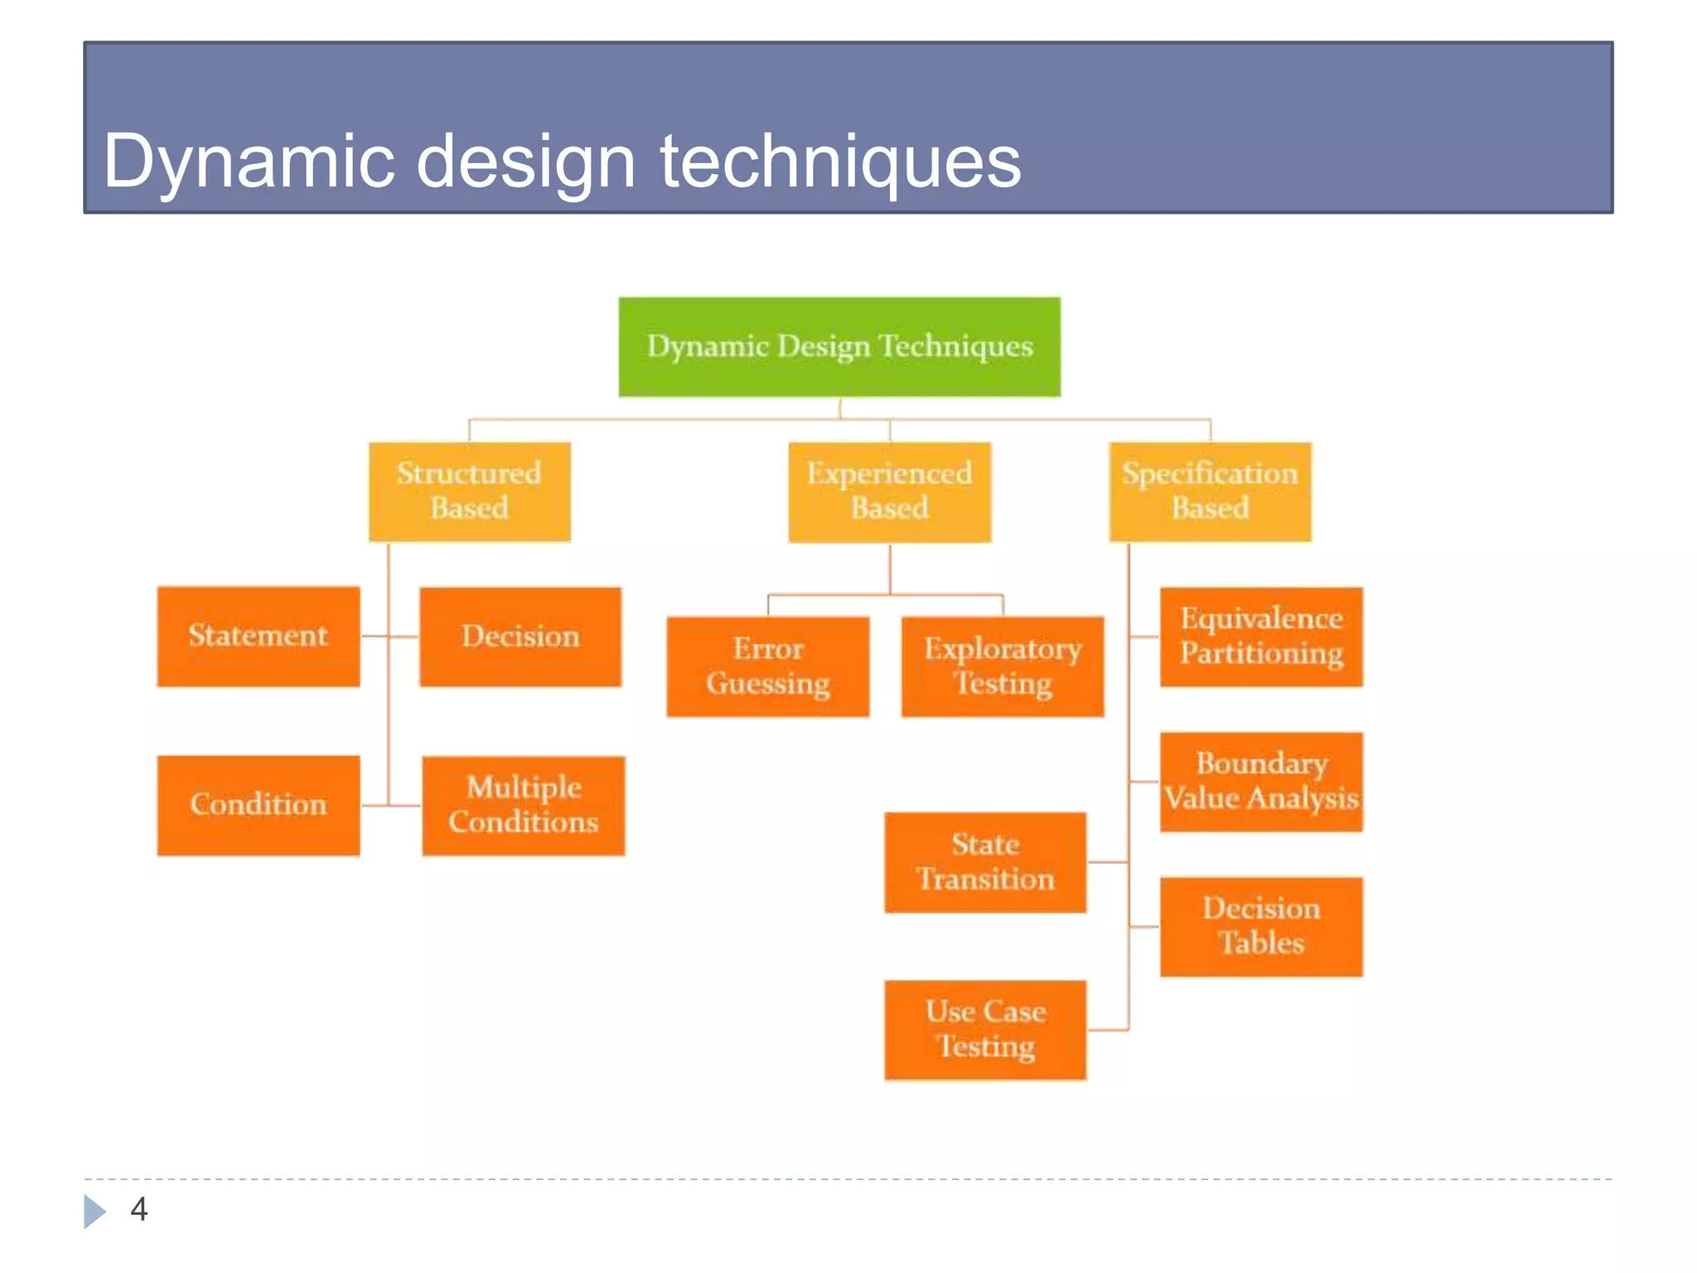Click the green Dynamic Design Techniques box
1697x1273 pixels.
tap(839, 346)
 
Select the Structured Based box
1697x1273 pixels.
tap(469, 491)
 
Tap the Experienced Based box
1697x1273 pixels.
tap(889, 491)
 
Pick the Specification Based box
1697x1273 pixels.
tap(1210, 491)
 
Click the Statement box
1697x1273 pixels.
tap(259, 636)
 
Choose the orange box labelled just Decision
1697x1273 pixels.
tap(520, 636)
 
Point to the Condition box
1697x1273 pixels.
tap(259, 805)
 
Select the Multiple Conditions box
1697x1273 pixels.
tap(523, 805)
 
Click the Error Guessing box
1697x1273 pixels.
tap(767, 666)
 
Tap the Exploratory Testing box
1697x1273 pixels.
tap(1003, 666)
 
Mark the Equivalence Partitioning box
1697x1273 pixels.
tap(1261, 636)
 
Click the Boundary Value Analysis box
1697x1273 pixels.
tap(1261, 781)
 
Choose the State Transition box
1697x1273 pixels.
tap(985, 862)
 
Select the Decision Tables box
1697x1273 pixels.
tap(1261, 926)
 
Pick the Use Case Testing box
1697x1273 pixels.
tap(985, 1029)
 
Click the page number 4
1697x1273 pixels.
tap(139, 1209)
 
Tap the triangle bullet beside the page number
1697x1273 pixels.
tap(94, 1211)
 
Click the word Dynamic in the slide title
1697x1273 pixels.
tap(249, 162)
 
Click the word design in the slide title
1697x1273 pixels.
tap(525, 162)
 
